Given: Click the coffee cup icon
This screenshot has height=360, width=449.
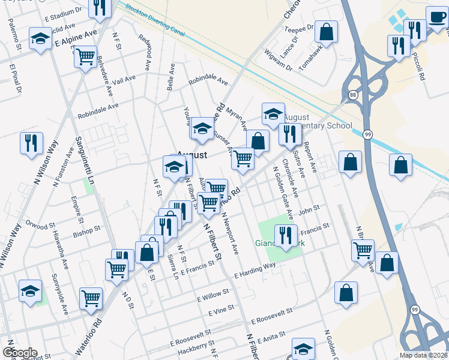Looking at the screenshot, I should coord(436,16).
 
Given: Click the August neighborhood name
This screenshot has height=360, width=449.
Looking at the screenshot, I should coord(192,155).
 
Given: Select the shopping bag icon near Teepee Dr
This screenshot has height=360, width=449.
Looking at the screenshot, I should coord(326,33).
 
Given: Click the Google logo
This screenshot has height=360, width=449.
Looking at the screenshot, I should coord(20,353).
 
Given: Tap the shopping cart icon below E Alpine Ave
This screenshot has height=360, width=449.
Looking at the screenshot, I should coord(86,57).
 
